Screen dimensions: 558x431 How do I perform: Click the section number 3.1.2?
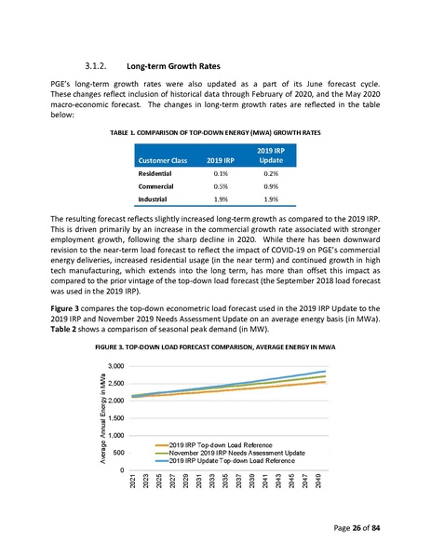click(x=97, y=66)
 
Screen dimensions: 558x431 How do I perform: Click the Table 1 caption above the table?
click(x=215, y=133)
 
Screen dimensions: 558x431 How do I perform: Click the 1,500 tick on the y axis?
click(x=114, y=418)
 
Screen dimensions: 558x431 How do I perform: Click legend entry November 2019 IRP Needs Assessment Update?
click(x=237, y=453)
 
